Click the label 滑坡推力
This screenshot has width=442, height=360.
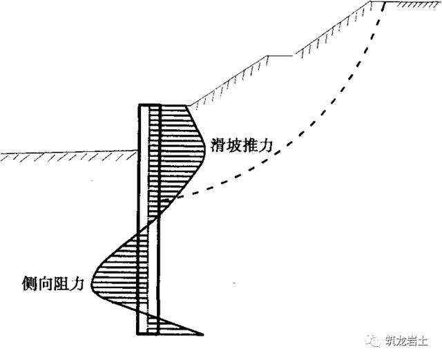point(242,146)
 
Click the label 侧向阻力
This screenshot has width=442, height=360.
point(53,283)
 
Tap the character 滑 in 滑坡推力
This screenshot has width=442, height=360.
point(218,146)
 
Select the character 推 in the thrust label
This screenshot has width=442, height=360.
point(249,146)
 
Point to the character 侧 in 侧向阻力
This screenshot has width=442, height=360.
point(30,283)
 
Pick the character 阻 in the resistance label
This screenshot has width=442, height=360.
point(61,283)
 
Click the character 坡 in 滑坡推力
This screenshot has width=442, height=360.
point(233,146)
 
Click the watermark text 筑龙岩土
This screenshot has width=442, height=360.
point(407,341)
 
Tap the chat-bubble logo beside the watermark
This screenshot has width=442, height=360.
point(374,341)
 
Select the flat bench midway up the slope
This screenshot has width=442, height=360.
point(280,56)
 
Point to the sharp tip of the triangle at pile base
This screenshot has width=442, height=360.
point(203,334)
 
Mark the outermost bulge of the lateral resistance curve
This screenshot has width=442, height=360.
point(91,282)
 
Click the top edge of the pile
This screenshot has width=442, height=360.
point(149,105)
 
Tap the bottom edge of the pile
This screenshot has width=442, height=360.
point(148,334)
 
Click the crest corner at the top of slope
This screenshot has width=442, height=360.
point(370,2)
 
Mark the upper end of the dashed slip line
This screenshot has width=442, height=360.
point(385,3)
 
